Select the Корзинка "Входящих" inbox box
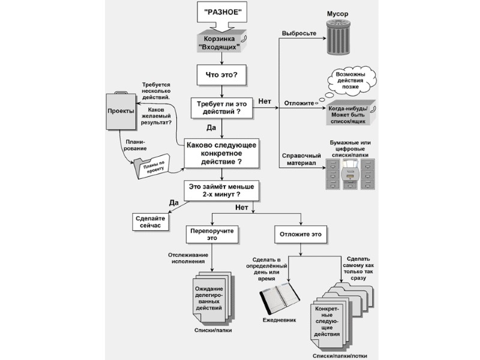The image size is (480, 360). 222,43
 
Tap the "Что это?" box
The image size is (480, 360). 222,76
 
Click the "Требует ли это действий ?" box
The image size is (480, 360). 223,107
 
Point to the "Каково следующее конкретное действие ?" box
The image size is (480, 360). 223,153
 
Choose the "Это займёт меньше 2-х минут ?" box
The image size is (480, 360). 223,191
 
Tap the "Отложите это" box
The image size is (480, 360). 301,235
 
